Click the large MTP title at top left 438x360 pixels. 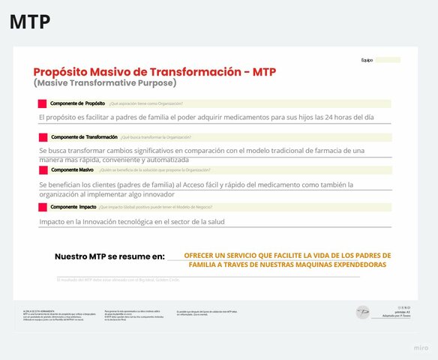pos(30,22)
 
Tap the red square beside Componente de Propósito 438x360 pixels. pos(43,103)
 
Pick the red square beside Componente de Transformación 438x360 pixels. pos(43,137)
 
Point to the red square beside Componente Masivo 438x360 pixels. pos(43,171)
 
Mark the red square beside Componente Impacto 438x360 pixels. pos(43,206)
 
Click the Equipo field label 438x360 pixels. pos(367,60)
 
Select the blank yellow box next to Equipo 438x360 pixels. pos(388,60)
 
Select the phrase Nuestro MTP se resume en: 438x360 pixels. pos(109,256)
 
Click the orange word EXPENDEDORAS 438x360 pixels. pos(357,265)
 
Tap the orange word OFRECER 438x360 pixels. pos(199,256)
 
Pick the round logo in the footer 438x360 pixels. pos(362,310)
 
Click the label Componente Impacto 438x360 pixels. pos(73,206)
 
